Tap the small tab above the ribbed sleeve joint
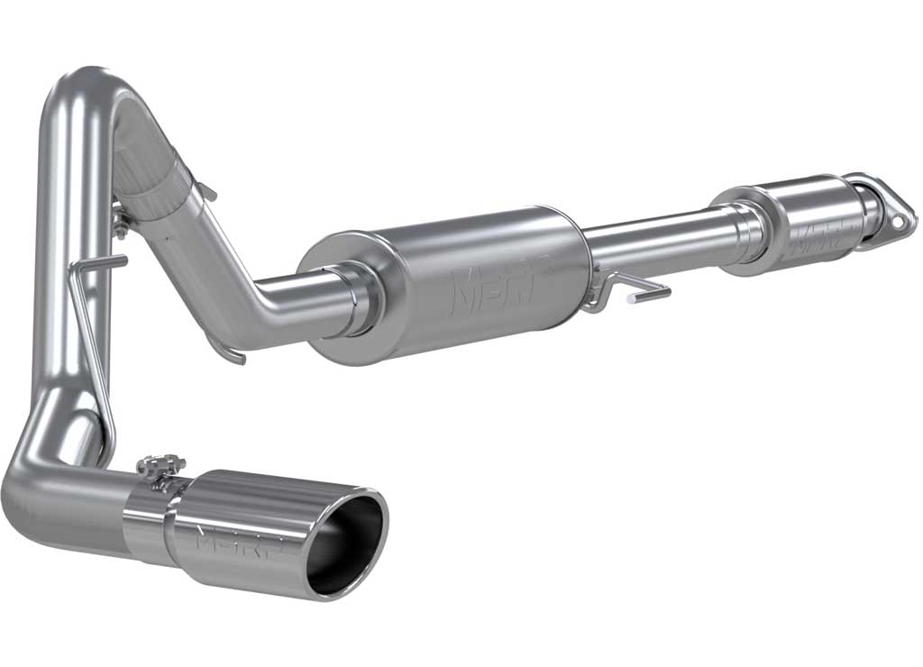207,190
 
